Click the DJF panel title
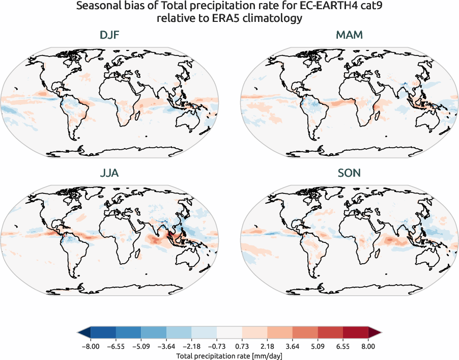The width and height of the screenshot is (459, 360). pyautogui.click(x=109, y=36)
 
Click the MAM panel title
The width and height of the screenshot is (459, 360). pyautogui.click(x=349, y=36)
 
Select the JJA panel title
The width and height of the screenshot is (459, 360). pyautogui.click(x=109, y=173)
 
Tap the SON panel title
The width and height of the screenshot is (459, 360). pyautogui.click(x=349, y=173)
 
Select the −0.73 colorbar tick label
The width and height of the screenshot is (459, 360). pyautogui.click(x=216, y=346)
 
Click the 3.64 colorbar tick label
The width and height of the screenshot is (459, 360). pyautogui.click(x=292, y=346)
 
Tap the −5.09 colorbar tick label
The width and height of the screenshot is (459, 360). pyautogui.click(x=140, y=346)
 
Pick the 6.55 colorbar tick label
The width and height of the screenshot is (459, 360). pyautogui.click(x=343, y=346)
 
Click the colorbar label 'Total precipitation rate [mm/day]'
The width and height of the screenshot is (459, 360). pyautogui.click(x=229, y=356)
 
